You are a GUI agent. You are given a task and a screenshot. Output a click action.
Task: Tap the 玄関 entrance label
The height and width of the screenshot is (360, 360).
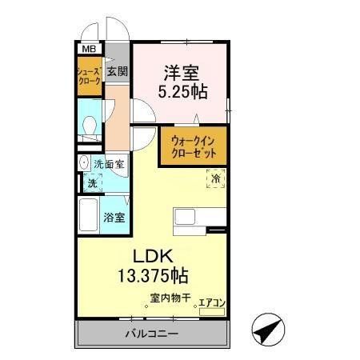pyautogui.click(x=117, y=71)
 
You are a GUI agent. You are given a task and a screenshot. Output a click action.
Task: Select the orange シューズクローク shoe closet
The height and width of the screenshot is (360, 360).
pyautogui.click(x=89, y=78)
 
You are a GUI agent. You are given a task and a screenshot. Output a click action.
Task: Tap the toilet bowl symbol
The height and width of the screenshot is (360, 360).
pyautogui.click(x=90, y=126)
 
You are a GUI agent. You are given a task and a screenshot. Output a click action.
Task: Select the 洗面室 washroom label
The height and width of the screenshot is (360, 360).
pyautogui.click(x=110, y=164)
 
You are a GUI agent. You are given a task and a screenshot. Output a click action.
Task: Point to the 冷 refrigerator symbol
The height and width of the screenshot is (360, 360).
pyautogui.click(x=216, y=179)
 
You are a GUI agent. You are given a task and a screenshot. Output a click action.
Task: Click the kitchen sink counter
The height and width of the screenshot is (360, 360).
pyautogui.click(x=190, y=217)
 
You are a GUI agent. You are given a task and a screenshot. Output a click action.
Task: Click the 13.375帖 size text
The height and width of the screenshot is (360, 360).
pyautogui.click(x=154, y=277)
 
